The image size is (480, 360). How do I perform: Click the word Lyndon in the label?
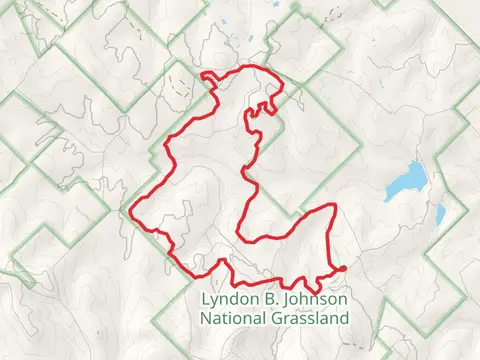tap(228, 300)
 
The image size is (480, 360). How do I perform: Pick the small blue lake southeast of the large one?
tap(438, 214)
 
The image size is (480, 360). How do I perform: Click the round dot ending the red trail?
tap(342, 268)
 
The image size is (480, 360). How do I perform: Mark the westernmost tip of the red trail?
tap(132, 211)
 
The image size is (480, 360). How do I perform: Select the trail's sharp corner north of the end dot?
tap(333, 206)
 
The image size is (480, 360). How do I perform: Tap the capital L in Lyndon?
tap(205, 300)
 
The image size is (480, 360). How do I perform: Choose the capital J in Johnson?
tap(289, 300)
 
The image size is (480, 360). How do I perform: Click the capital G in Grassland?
tap(276, 319)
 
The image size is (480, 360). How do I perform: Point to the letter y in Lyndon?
tap(214, 302)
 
